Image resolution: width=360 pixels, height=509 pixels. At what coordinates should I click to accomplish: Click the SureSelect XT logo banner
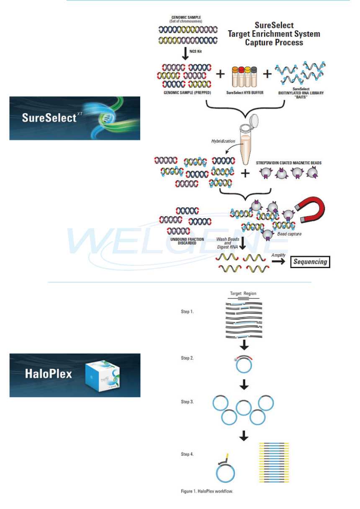[x=75, y=118]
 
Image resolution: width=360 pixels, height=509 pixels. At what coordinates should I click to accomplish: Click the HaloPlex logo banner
[x=75, y=375]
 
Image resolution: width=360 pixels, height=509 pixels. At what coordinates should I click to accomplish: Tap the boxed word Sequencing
[x=310, y=262]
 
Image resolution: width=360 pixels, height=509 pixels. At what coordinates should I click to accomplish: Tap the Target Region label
[x=243, y=294]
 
